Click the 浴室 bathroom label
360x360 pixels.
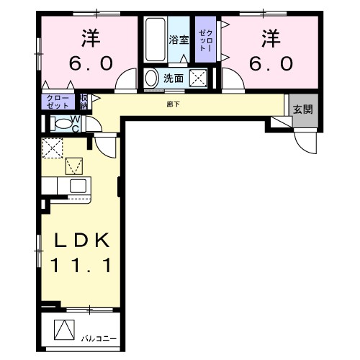tap(179, 40)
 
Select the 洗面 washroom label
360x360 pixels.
tap(173, 78)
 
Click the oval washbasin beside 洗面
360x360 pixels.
tap(152, 78)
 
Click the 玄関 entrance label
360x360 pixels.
tap(302, 109)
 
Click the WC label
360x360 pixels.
tap(75, 123)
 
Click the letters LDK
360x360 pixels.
tap(81, 241)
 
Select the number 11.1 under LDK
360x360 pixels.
tap(81, 266)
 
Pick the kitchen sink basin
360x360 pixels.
tap(76, 186)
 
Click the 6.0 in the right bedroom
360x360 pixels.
tap(271, 63)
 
